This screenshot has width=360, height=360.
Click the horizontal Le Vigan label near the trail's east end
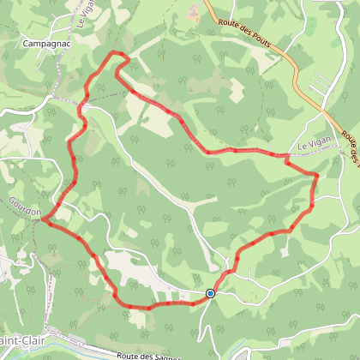313,147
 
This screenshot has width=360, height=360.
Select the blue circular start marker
210,293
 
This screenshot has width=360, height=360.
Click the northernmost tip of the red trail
117,53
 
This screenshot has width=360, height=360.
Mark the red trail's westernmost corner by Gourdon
41,220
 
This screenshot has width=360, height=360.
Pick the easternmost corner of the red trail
317,175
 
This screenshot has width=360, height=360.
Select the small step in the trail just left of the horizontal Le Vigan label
286,156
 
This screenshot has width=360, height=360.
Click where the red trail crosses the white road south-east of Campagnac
82,106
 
